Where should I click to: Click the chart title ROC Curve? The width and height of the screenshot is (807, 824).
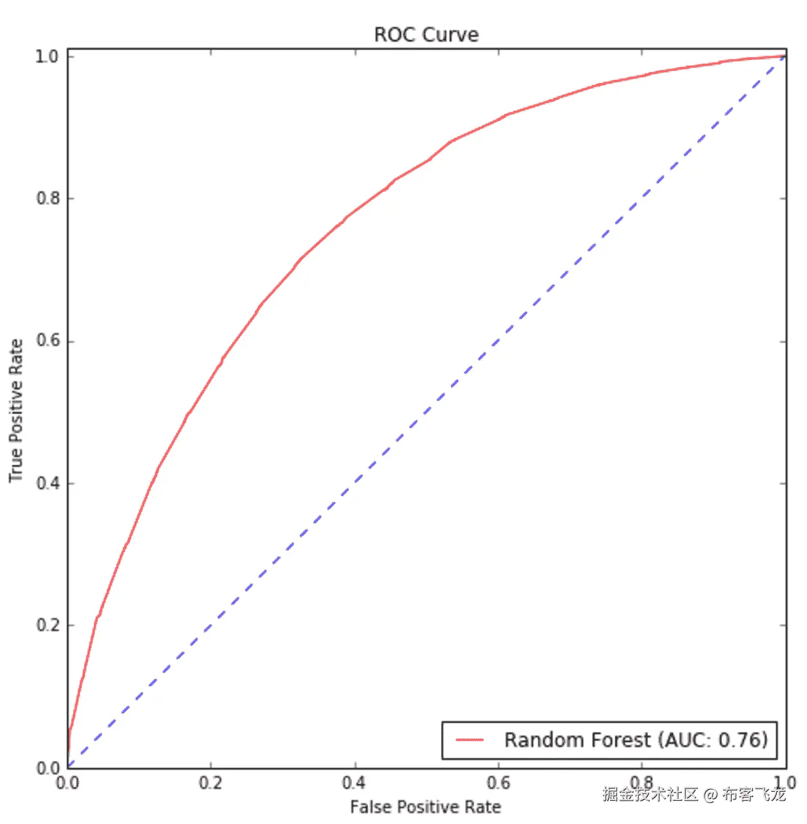pyautogui.click(x=426, y=34)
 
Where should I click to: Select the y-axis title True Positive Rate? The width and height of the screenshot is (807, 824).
pyautogui.click(x=16, y=411)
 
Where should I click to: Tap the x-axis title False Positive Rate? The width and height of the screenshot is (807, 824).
pyautogui.click(x=425, y=807)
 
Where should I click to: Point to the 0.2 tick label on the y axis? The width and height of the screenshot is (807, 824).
pyautogui.click(x=48, y=625)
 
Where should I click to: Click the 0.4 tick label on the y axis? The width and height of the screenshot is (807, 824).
pyautogui.click(x=48, y=483)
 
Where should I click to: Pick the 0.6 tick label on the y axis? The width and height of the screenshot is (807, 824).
pyautogui.click(x=48, y=341)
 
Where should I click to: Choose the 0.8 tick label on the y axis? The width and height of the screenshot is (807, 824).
pyautogui.click(x=48, y=198)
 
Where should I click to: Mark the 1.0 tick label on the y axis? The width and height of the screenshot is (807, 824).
pyautogui.click(x=48, y=57)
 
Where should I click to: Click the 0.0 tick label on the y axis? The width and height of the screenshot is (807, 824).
pyautogui.click(x=48, y=768)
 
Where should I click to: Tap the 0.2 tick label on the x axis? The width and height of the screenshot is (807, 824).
pyautogui.click(x=210, y=783)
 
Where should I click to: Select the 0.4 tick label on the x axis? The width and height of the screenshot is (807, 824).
pyautogui.click(x=354, y=783)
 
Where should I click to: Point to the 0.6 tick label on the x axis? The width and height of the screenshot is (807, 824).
pyautogui.click(x=498, y=783)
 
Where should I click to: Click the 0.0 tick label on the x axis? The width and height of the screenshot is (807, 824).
pyautogui.click(x=68, y=783)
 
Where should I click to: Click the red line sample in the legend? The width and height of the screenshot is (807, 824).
pyautogui.click(x=470, y=740)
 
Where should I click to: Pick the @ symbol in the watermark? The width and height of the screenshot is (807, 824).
pyautogui.click(x=710, y=794)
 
